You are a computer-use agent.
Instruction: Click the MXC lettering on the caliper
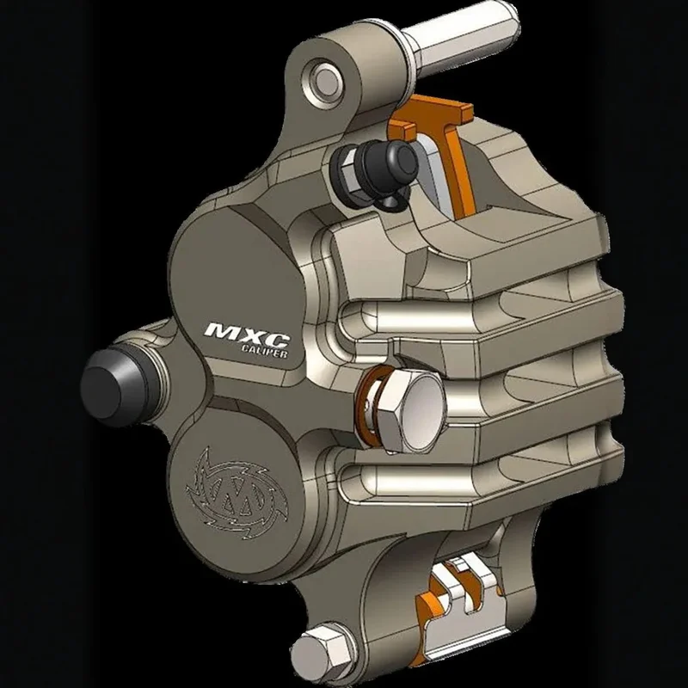(x=247, y=331)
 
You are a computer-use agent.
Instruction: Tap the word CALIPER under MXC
(x=265, y=351)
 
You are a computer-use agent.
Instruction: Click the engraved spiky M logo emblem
(x=237, y=488)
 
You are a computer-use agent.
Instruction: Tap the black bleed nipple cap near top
(x=386, y=166)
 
